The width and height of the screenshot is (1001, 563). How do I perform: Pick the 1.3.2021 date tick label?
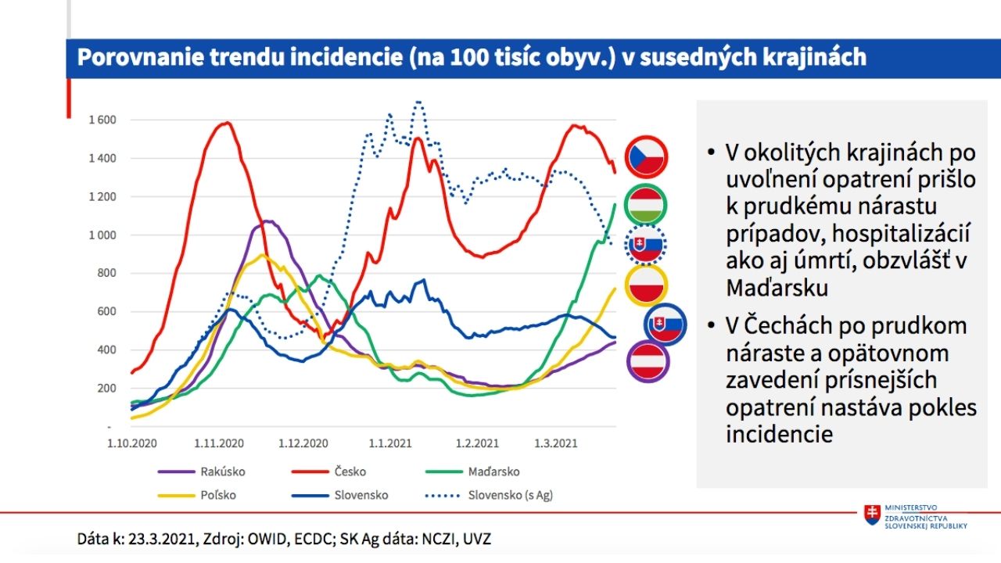[x=553, y=443]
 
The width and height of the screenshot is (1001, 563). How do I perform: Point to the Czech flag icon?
[x=646, y=156]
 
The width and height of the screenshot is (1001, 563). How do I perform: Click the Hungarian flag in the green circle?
[x=646, y=206]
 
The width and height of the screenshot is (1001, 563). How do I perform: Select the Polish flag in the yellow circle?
[x=646, y=285]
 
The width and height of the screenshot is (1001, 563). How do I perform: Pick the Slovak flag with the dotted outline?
[x=646, y=245]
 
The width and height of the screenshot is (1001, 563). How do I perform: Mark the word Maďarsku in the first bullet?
[x=777, y=287]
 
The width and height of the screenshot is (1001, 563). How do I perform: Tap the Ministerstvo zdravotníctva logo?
[x=915, y=516]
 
